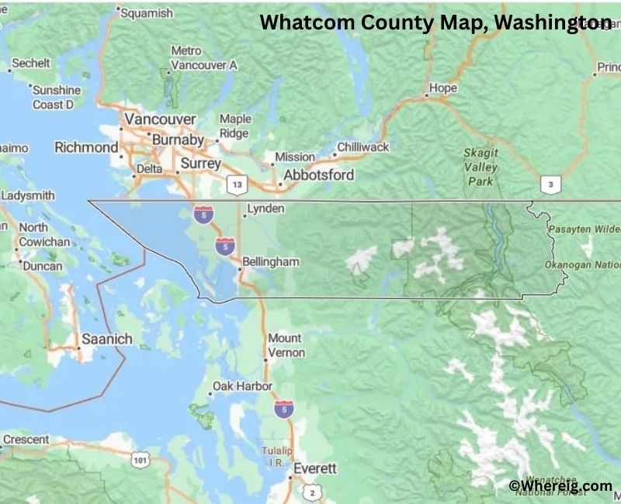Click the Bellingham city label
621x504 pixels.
coord(270,262)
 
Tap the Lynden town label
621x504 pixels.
coord(265,209)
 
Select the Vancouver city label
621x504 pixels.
coord(161,119)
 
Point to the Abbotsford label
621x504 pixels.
coord(318,174)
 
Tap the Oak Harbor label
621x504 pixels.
coord(242,386)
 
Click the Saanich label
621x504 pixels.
coord(107,340)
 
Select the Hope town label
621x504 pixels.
coord(442,88)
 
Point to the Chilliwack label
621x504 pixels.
coord(363,147)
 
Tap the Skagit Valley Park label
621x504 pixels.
coord(480,167)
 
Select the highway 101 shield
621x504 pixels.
coord(141,461)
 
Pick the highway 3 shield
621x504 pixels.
coord(550,184)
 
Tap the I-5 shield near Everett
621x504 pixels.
coord(284,409)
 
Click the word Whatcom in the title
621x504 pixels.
coord(309,22)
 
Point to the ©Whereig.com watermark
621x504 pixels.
coord(560,485)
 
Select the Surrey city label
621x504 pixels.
coord(200,164)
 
